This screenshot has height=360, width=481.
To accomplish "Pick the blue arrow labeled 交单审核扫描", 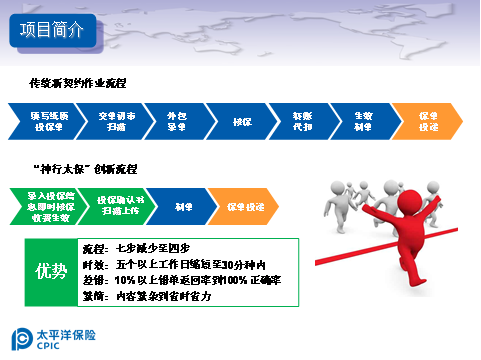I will (x=110, y=122).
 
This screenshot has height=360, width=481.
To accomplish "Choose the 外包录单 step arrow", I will (x=175, y=122).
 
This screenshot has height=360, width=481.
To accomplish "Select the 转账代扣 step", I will (x=303, y=122).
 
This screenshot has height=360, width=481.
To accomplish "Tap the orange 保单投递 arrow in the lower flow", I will (x=243, y=206).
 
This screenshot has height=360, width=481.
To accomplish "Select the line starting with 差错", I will (x=180, y=280).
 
